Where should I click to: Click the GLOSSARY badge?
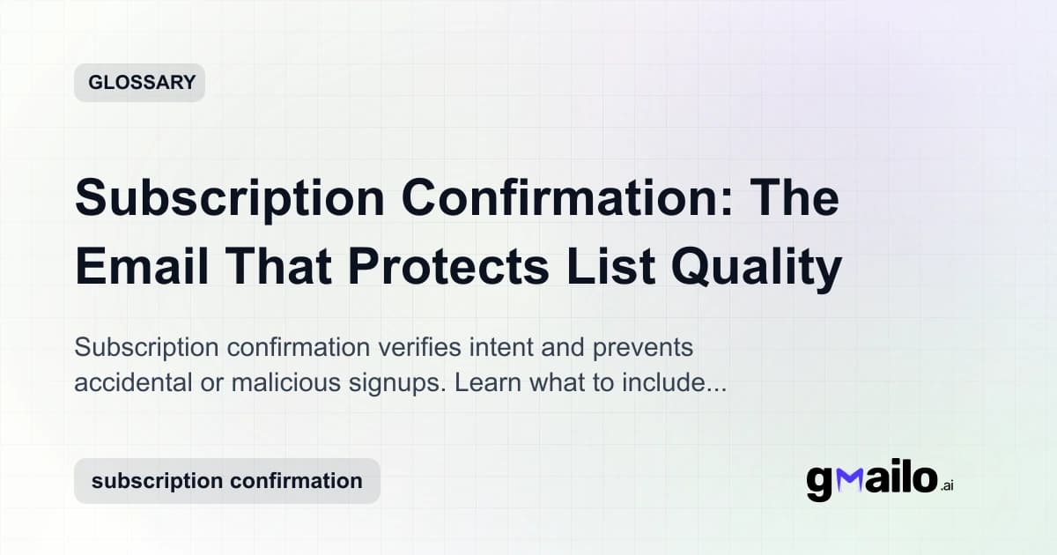click(x=140, y=83)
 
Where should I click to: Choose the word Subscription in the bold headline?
click(x=230, y=199)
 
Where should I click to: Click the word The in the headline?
click(x=798, y=199)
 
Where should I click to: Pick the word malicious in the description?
click(x=267, y=385)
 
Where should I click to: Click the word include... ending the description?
click(x=677, y=385)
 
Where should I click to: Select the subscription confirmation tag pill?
click(x=227, y=481)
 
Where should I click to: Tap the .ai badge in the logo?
click(x=946, y=485)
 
